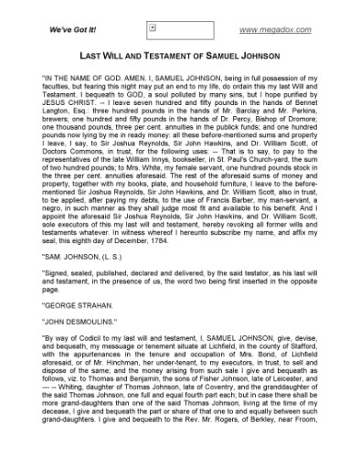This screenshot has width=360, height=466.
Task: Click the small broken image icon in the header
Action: pos(153,27)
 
